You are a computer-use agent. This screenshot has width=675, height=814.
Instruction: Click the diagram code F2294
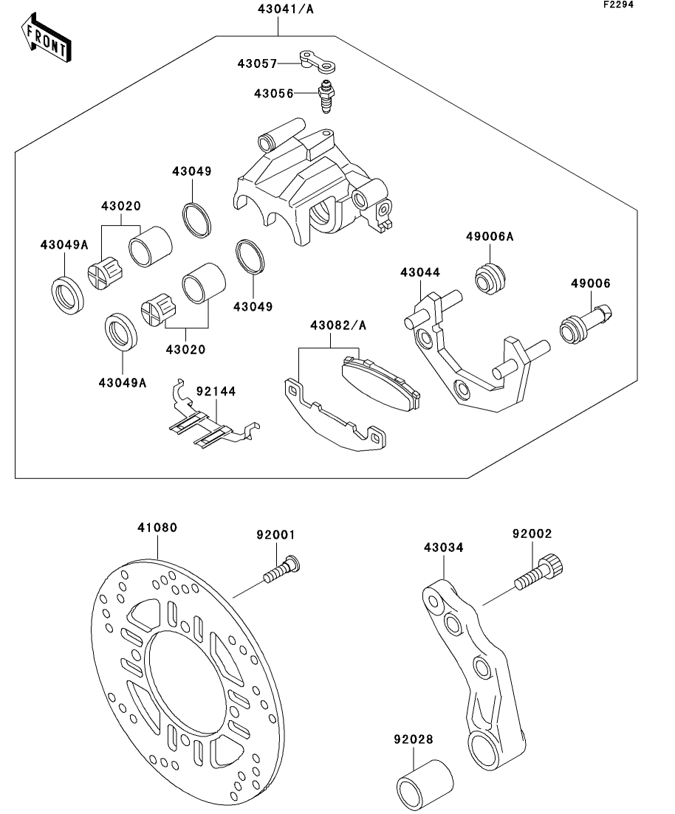[617, 4]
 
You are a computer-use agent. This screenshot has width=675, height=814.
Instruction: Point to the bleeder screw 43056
[324, 98]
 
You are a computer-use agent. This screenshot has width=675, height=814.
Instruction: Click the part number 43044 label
[420, 272]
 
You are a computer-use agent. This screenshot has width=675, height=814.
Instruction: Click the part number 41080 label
[157, 528]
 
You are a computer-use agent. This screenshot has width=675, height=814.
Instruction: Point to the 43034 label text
[444, 548]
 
